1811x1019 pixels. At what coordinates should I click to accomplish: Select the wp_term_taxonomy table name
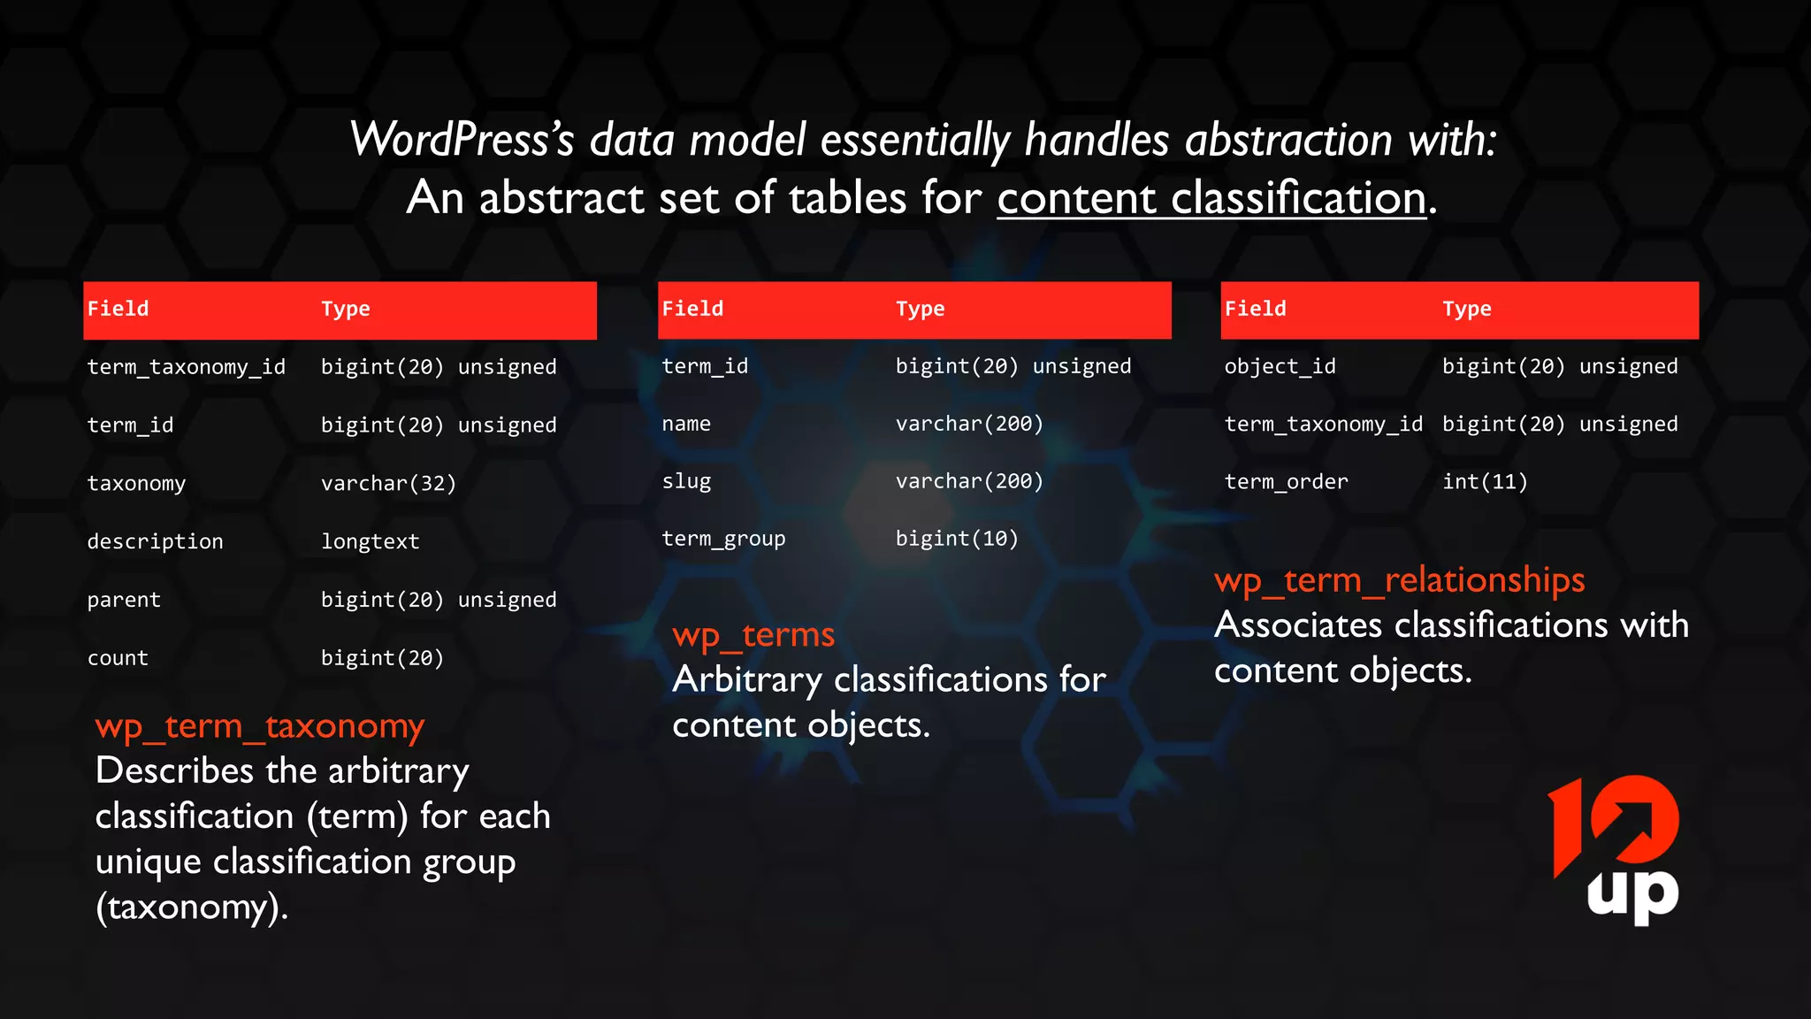[x=260, y=726]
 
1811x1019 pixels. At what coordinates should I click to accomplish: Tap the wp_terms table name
[x=753, y=635]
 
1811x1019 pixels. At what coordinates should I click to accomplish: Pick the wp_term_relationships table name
[x=1399, y=580]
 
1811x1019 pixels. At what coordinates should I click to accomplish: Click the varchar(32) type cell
[x=388, y=483]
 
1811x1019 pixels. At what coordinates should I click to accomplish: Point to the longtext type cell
[x=370, y=541]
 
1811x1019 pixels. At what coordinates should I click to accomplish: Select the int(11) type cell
[x=1485, y=481]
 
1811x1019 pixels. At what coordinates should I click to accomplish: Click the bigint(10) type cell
[x=957, y=539]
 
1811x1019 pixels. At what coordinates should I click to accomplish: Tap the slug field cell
[x=686, y=481]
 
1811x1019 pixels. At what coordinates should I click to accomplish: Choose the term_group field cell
[x=723, y=539]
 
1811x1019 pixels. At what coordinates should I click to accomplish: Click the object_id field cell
[x=1280, y=366]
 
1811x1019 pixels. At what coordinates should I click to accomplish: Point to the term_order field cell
[x=1286, y=481]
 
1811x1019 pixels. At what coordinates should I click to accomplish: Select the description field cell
[x=155, y=541]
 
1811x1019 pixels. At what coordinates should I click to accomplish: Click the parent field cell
[x=124, y=600]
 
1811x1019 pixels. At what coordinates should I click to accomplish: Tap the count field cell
[x=118, y=658]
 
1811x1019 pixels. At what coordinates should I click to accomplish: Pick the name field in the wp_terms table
[x=686, y=424]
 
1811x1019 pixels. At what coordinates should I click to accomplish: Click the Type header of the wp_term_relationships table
[x=1466, y=309]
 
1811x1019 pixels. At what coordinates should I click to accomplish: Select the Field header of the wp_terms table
[x=692, y=309]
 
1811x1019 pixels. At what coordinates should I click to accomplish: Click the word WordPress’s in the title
[x=462, y=140]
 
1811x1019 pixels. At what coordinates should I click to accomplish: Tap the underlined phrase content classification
[x=1211, y=197]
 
